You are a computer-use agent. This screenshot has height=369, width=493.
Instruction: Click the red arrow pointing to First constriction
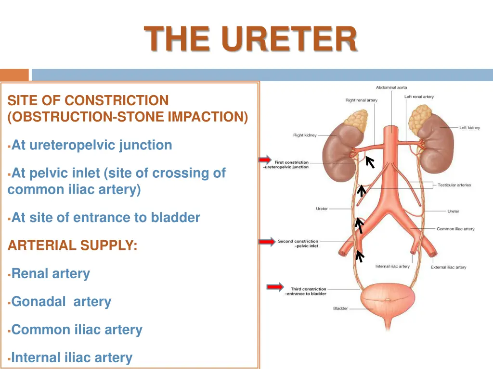point(265,160)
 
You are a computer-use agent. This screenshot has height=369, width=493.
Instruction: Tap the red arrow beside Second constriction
point(267,242)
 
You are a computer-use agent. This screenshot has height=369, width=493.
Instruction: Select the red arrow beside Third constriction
point(275,287)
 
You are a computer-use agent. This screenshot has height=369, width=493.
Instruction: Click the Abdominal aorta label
point(391,87)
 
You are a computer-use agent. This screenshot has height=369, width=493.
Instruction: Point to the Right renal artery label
point(361,100)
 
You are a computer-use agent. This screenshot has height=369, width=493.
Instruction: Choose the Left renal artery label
point(419,97)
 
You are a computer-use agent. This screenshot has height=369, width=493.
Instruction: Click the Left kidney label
point(469,128)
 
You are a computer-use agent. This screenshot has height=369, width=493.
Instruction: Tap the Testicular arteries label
point(454,185)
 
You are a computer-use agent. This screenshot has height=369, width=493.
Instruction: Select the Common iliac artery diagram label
point(455,229)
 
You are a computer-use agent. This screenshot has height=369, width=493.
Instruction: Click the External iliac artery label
point(448,267)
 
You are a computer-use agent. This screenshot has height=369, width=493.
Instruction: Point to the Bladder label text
point(340,308)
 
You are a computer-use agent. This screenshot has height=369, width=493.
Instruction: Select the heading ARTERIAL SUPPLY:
point(73,246)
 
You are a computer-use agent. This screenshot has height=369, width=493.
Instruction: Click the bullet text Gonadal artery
point(61,302)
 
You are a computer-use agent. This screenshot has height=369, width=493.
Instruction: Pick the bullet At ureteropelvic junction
point(91,145)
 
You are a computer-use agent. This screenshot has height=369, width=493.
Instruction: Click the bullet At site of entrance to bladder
point(105,218)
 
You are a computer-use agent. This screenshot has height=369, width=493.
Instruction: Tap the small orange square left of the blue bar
point(14,75)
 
